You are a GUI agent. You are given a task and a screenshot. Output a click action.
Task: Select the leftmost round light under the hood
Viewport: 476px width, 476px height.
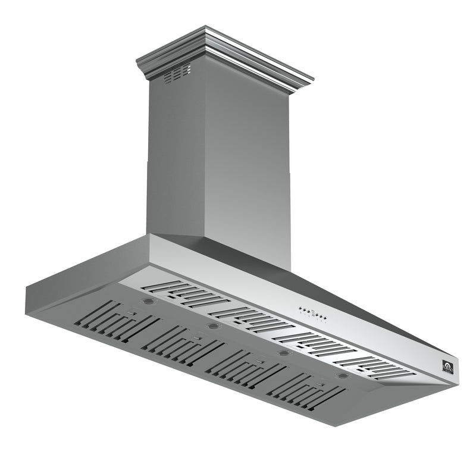(146, 302)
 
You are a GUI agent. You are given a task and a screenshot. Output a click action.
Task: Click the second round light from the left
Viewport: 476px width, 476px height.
(212, 326)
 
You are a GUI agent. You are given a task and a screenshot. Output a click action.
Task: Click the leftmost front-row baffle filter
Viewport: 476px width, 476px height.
(116, 323)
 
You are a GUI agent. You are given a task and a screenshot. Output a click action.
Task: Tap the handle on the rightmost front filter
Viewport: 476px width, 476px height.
(321, 384)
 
